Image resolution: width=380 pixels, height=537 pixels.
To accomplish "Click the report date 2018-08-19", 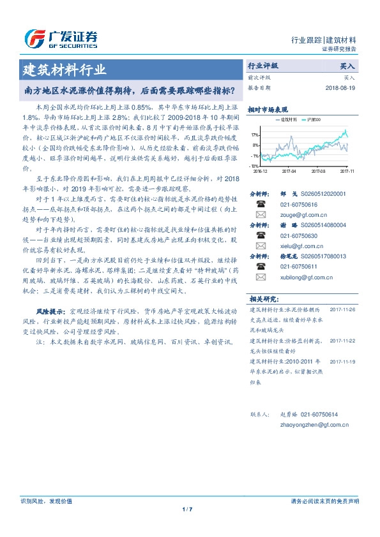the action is point(340,87).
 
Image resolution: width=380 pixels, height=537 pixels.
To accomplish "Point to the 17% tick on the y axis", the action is point(255,135).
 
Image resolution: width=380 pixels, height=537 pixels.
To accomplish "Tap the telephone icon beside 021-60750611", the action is point(261,266).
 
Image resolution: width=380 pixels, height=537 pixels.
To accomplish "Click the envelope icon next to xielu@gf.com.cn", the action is point(261,247).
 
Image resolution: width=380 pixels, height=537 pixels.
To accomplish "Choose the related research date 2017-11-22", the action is point(344,341).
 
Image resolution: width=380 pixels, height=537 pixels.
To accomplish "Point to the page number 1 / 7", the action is point(187,509).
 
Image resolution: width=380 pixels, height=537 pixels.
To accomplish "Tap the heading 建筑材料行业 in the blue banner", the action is point(65,69).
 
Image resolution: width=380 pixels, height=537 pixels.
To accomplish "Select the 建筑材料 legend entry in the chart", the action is point(285,119).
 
